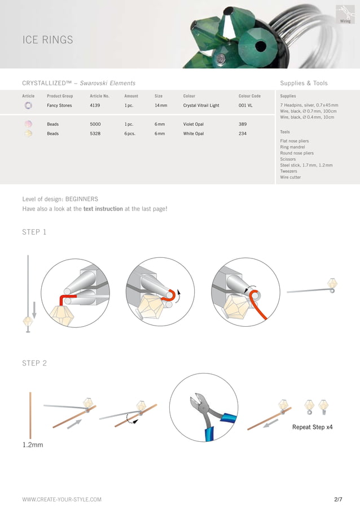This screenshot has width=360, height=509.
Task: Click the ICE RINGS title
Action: [x=47, y=40]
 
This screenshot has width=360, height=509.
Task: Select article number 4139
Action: [x=96, y=106]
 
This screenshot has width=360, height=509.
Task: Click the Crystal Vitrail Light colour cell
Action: [x=201, y=106]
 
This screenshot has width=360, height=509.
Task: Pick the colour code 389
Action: [x=243, y=124]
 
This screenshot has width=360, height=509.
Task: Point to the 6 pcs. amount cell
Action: [x=131, y=134]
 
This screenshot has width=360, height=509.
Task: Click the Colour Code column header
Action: [x=249, y=96]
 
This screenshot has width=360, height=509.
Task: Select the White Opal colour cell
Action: [x=194, y=134]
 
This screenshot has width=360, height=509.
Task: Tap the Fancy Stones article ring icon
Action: [x=29, y=106]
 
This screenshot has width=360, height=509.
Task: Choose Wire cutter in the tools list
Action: [x=290, y=177]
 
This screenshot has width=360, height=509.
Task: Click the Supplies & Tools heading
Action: [x=304, y=84]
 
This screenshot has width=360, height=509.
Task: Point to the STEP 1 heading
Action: [x=34, y=232]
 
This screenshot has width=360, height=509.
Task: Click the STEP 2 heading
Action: [x=34, y=363]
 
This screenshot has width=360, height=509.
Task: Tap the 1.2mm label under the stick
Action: [x=32, y=445]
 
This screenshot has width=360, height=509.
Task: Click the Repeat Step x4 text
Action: [x=312, y=427]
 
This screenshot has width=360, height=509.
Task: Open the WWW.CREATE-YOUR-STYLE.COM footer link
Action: [x=62, y=499]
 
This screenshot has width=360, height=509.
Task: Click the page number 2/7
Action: [x=338, y=499]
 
